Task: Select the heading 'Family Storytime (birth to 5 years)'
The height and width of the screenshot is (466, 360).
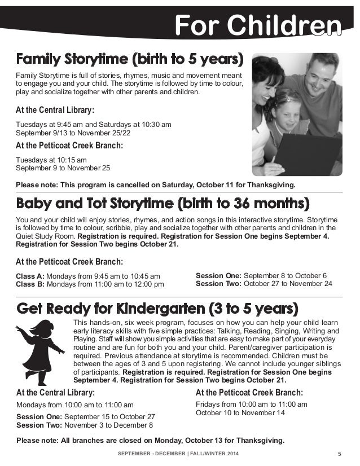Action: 130,59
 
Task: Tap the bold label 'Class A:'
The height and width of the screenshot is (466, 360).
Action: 30,276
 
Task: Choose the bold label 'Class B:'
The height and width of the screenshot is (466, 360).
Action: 30,284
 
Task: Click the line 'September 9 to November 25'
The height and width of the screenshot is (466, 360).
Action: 63,168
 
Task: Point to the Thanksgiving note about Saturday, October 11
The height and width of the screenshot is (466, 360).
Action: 155,184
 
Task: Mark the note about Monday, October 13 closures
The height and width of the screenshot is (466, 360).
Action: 150,440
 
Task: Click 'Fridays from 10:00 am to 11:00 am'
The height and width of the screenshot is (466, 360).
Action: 251,404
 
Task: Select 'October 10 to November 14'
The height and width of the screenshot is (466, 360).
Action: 240,413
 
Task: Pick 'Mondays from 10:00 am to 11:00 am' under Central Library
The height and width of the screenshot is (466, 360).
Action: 74,405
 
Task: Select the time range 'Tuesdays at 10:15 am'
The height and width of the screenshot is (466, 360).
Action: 51,160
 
